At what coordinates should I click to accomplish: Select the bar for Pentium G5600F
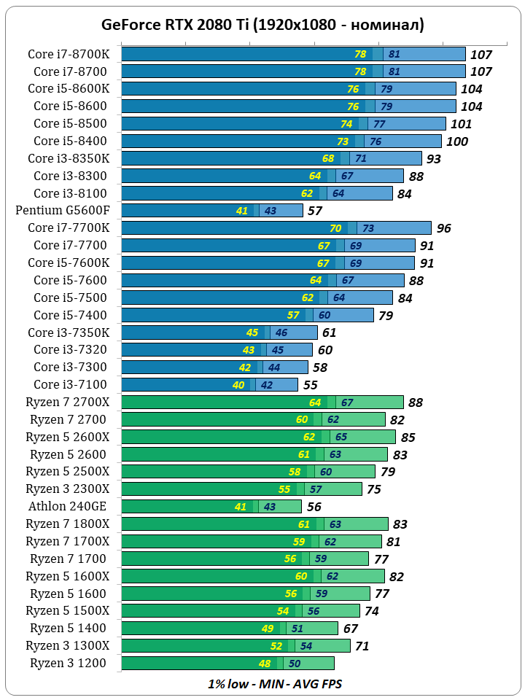coord(211,211)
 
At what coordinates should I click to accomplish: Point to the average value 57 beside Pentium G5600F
coord(314,211)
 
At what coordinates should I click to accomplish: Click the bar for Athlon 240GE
coord(211,506)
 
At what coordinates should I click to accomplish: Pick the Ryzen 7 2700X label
coord(67,402)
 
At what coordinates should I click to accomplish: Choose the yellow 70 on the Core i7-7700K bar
coord(335,228)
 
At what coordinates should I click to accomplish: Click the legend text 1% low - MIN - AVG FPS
coord(275,684)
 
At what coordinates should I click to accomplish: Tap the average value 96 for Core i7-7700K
coord(443,229)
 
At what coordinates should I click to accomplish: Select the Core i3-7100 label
coord(70,384)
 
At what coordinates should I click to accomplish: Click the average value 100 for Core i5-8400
coord(456,141)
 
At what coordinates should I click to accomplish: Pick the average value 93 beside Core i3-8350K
coord(434,159)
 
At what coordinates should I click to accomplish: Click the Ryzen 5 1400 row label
coord(68,628)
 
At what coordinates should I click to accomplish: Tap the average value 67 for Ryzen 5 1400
coord(351,629)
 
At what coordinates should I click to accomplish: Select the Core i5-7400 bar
coord(247,315)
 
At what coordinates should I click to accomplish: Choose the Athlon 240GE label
coord(67,506)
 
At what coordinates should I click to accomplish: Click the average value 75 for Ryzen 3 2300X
coord(373,489)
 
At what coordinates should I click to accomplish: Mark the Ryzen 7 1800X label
coord(67,524)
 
